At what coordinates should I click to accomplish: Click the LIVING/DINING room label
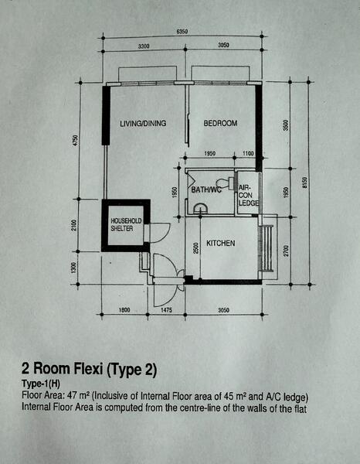[x=143, y=124]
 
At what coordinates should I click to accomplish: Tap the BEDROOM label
[x=220, y=123]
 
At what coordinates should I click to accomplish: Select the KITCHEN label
[x=220, y=244]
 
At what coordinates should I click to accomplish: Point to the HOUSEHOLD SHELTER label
[x=126, y=224]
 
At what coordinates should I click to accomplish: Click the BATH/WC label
[x=206, y=189]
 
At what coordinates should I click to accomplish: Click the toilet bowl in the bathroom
[x=226, y=183]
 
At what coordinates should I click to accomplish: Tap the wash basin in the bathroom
[x=200, y=208]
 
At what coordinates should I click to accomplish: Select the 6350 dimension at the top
[x=182, y=32]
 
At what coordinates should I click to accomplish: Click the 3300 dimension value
[x=144, y=46]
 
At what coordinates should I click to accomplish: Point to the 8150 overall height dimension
[x=305, y=183]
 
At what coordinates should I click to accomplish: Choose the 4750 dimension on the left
[x=76, y=140]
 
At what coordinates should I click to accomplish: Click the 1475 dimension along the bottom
[x=166, y=310]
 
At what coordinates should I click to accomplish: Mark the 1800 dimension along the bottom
[x=124, y=310]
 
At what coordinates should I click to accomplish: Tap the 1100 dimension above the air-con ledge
[x=248, y=154]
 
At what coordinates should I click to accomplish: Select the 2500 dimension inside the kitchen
[x=195, y=248]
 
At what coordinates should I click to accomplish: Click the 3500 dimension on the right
[x=286, y=125]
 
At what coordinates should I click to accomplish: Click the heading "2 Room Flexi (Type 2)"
[x=89, y=369]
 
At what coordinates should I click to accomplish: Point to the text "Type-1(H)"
[x=41, y=384]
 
